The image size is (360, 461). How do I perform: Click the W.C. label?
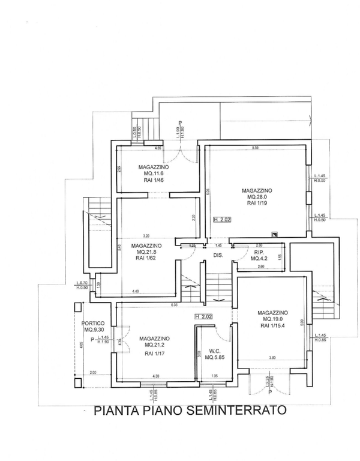pyautogui.click(x=214, y=352)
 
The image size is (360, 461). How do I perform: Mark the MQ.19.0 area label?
pyautogui.click(x=274, y=319)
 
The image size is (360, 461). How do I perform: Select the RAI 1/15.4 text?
pyautogui.click(x=274, y=327)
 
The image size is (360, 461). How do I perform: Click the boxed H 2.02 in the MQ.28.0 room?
pyautogui.click(x=222, y=220)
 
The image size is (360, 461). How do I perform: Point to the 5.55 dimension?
pyautogui.click(x=255, y=148)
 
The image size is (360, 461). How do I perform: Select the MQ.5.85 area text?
pyautogui.click(x=214, y=358)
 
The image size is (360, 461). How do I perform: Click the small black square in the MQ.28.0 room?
pyautogui.click(x=274, y=234)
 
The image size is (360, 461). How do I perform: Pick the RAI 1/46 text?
pyautogui.click(x=156, y=180)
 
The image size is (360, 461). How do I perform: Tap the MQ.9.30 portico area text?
pyautogui.click(x=95, y=330)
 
